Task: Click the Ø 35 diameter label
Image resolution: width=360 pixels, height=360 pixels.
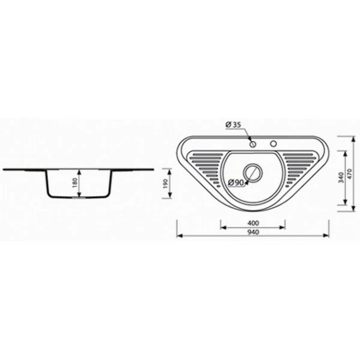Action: (233, 125)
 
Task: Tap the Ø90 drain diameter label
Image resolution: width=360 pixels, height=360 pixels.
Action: (236, 183)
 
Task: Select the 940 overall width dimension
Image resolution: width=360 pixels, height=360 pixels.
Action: (253, 232)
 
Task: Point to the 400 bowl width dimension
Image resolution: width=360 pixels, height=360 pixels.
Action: (253, 223)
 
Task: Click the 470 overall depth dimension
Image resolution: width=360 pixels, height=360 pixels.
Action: (349, 174)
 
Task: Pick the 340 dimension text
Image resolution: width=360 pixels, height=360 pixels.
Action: (341, 178)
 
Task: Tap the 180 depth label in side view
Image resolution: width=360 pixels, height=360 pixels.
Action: (76, 183)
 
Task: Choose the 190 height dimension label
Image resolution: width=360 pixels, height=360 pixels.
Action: (166, 184)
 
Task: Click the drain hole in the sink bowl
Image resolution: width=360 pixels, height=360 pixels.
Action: (253, 173)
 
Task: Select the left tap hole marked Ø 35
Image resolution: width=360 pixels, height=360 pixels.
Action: (253, 144)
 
